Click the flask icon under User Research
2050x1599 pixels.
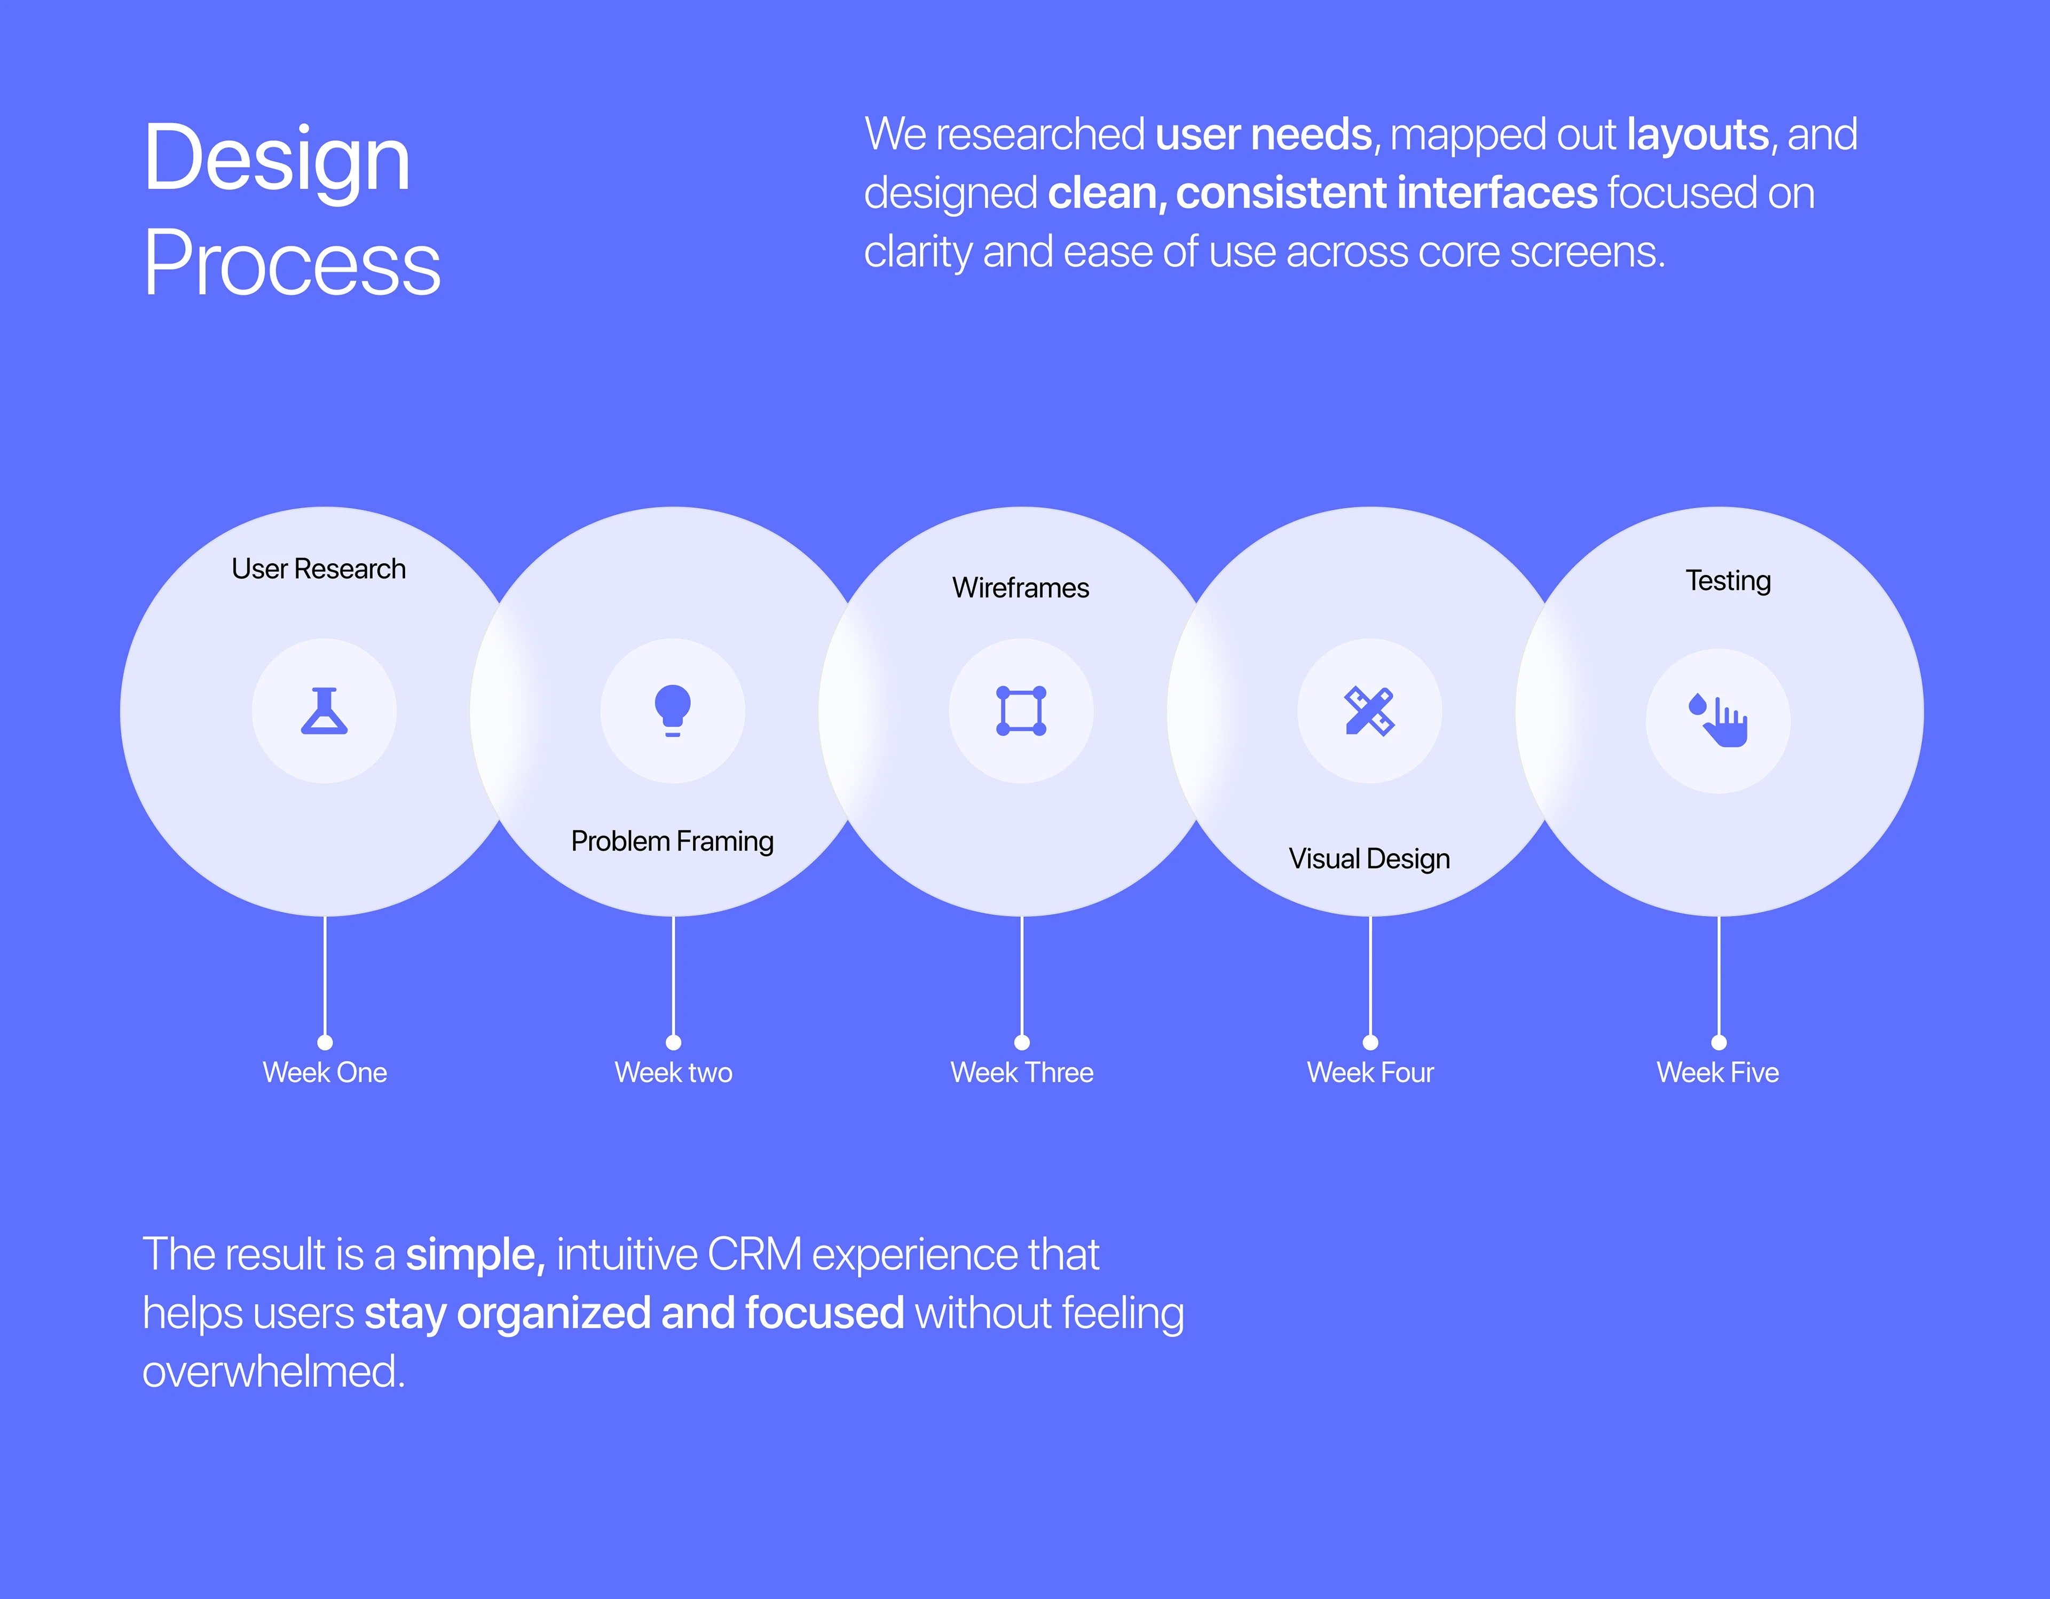[324, 711]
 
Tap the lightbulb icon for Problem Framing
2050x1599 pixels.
[673, 711]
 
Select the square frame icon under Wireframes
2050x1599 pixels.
[1021, 711]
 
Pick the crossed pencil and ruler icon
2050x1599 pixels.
[1369, 711]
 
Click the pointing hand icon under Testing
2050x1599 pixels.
[1718, 720]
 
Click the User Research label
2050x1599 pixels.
[318, 569]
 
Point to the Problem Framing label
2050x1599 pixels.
[672, 841]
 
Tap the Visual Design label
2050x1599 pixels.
[1369, 859]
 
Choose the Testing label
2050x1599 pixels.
[1728, 581]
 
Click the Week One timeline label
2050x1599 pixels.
[325, 1072]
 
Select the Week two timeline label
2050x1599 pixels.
[673, 1072]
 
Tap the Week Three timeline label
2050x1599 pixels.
[1022, 1072]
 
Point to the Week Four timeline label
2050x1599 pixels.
[1370, 1072]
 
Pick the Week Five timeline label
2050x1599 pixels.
[1718, 1072]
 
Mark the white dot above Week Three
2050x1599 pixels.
[1022, 1042]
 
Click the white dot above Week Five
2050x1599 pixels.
[1718, 1042]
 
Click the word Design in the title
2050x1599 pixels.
[277, 160]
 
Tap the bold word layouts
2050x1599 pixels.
[1698, 134]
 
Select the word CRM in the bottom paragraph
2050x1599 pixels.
[755, 1255]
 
